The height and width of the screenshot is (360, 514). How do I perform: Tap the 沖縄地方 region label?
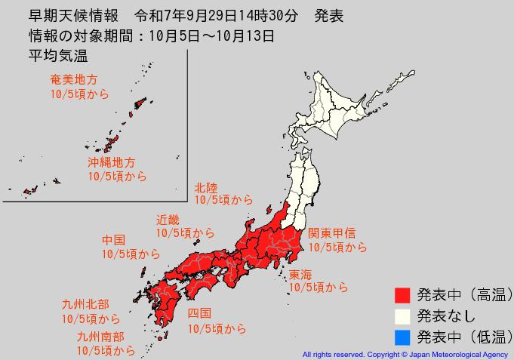111,162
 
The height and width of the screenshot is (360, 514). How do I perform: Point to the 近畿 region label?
168,220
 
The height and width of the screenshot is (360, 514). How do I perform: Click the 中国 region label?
115,240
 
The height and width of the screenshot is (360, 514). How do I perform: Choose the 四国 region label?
199,313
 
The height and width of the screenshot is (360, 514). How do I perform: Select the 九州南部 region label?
100,336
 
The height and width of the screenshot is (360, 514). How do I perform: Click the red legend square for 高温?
402,294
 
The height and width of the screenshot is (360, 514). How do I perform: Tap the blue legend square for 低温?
402,336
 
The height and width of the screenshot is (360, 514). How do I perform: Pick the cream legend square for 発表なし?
402,315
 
